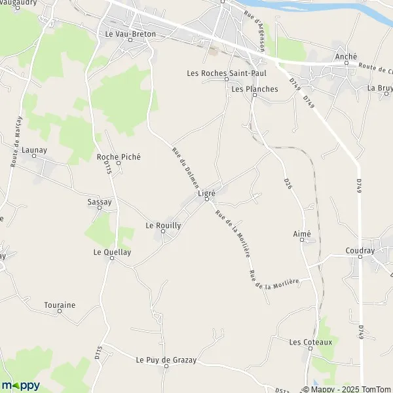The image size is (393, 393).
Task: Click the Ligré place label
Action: click(206, 194)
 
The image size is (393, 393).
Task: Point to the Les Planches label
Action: click(255, 89)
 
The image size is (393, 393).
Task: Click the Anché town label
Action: click(345, 56)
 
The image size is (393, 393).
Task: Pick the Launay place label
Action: click(34, 150)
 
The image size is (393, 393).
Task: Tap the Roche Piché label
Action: click(119, 157)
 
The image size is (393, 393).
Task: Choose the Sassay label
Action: click(100, 202)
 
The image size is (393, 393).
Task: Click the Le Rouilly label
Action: click(162, 225)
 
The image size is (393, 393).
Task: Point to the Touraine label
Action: click(60, 305)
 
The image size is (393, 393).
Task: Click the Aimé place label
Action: click(302, 234)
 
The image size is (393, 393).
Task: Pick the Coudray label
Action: click(360, 251)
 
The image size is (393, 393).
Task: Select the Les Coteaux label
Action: click(311, 342)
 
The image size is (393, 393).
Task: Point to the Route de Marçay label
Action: click(17, 141)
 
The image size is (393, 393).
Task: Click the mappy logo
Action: click(20, 385)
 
